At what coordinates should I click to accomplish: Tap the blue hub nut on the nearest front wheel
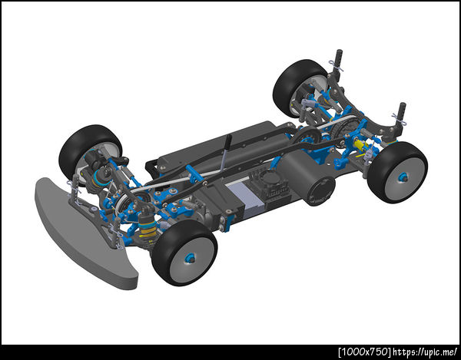(189, 258)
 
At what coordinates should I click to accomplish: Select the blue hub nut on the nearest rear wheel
(402, 177)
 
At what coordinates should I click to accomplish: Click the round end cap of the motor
(320, 191)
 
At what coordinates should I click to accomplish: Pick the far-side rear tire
(298, 88)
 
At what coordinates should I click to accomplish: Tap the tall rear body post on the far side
(338, 65)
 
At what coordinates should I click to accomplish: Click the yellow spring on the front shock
(148, 231)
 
